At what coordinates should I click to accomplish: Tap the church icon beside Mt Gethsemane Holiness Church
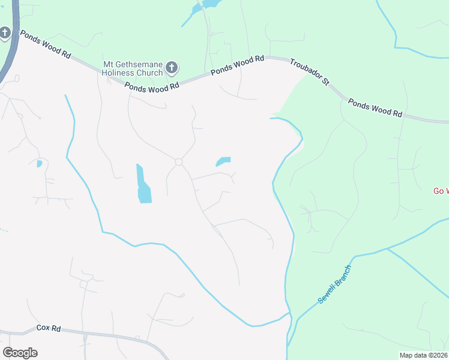coord(172,68)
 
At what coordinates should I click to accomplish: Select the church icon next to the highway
coord(5,33)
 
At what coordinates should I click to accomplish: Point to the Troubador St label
coord(309,72)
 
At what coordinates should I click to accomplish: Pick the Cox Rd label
coord(49,328)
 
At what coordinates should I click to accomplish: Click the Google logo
coord(20,352)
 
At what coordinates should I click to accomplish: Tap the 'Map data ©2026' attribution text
coord(423,355)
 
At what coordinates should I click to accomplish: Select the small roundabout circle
coord(178,162)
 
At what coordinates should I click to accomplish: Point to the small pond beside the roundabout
coord(223,161)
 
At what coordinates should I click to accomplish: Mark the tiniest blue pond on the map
coord(39,163)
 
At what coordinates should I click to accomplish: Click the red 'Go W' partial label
coord(441,191)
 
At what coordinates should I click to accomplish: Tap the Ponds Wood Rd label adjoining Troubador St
coord(237,67)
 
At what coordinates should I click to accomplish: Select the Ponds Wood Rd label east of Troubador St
coord(375,107)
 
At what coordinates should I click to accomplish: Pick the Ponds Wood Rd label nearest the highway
coord(46,44)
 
